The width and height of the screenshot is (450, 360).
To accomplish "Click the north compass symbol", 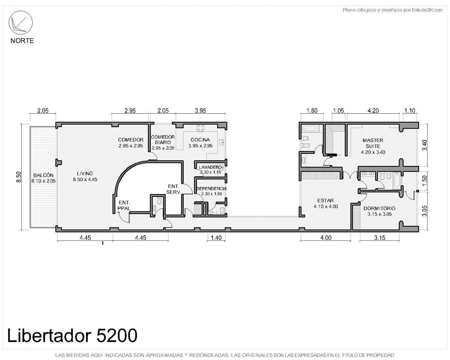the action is tap(20, 23).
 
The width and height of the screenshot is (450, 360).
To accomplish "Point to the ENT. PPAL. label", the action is tap(124, 205).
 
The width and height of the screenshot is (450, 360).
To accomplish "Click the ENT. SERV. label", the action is tap(174, 189).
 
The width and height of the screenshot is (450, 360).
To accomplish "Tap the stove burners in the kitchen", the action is tap(200, 128).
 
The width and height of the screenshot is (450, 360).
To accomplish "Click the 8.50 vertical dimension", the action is tap(19, 177).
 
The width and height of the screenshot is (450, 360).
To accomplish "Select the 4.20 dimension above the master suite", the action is tap(373, 110).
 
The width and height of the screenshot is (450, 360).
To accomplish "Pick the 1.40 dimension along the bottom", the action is tap(216, 238).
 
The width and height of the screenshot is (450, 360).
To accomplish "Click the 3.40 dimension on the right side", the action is tap(424, 145).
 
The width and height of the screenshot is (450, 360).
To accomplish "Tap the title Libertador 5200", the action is tap(72, 336).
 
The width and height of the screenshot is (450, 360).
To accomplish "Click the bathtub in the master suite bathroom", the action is tap(309, 128).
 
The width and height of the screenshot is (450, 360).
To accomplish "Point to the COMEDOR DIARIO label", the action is tap(163, 140).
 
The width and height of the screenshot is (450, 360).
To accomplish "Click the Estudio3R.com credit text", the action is tap(392, 10).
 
